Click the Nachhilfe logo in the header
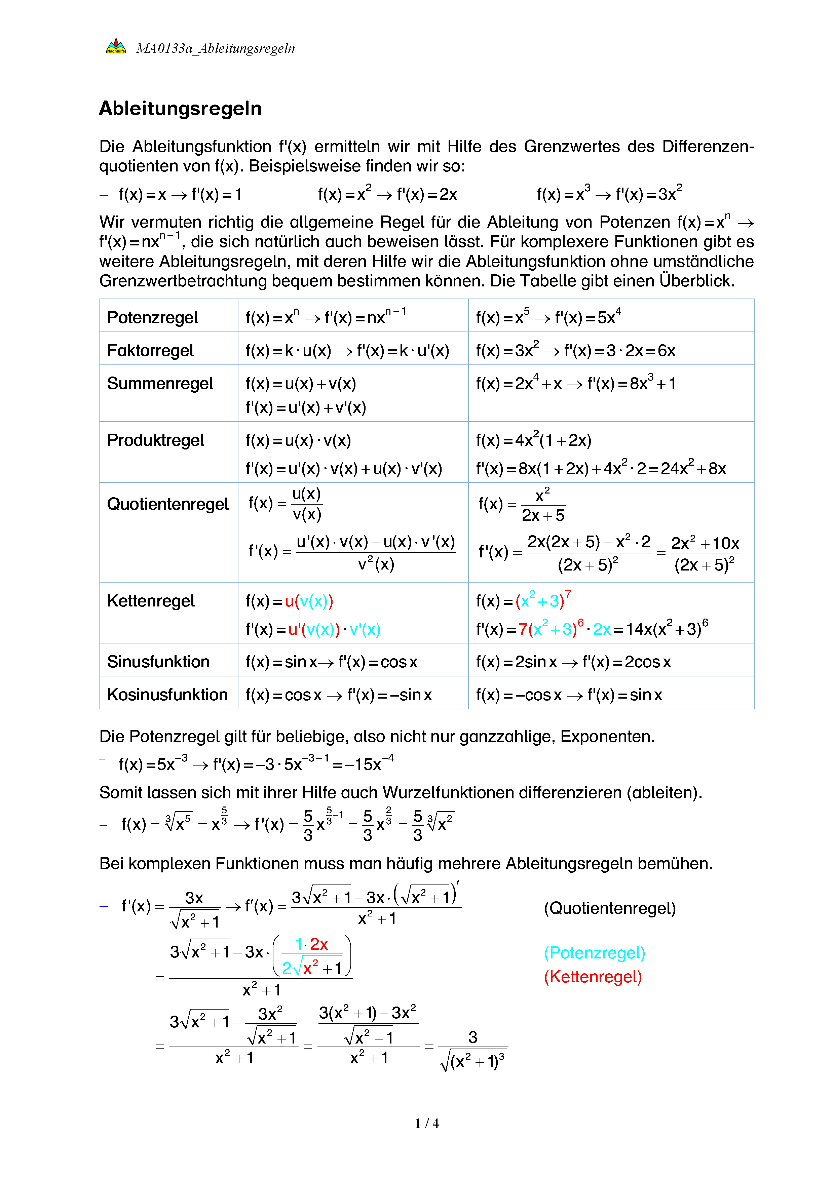coord(116,47)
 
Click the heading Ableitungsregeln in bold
coord(180,109)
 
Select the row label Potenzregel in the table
coord(153,317)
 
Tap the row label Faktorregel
coord(150,350)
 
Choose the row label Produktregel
coord(156,440)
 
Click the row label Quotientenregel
coord(167,504)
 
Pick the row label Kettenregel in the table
coord(151,601)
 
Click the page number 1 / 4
coord(427,1123)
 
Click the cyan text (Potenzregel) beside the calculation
coord(594,952)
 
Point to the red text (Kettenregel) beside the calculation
coord(593,976)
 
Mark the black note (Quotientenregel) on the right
coord(610,908)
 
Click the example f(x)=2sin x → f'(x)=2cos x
coord(573,662)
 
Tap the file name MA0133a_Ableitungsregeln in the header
coord(215,48)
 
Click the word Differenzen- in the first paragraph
coord(708,146)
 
